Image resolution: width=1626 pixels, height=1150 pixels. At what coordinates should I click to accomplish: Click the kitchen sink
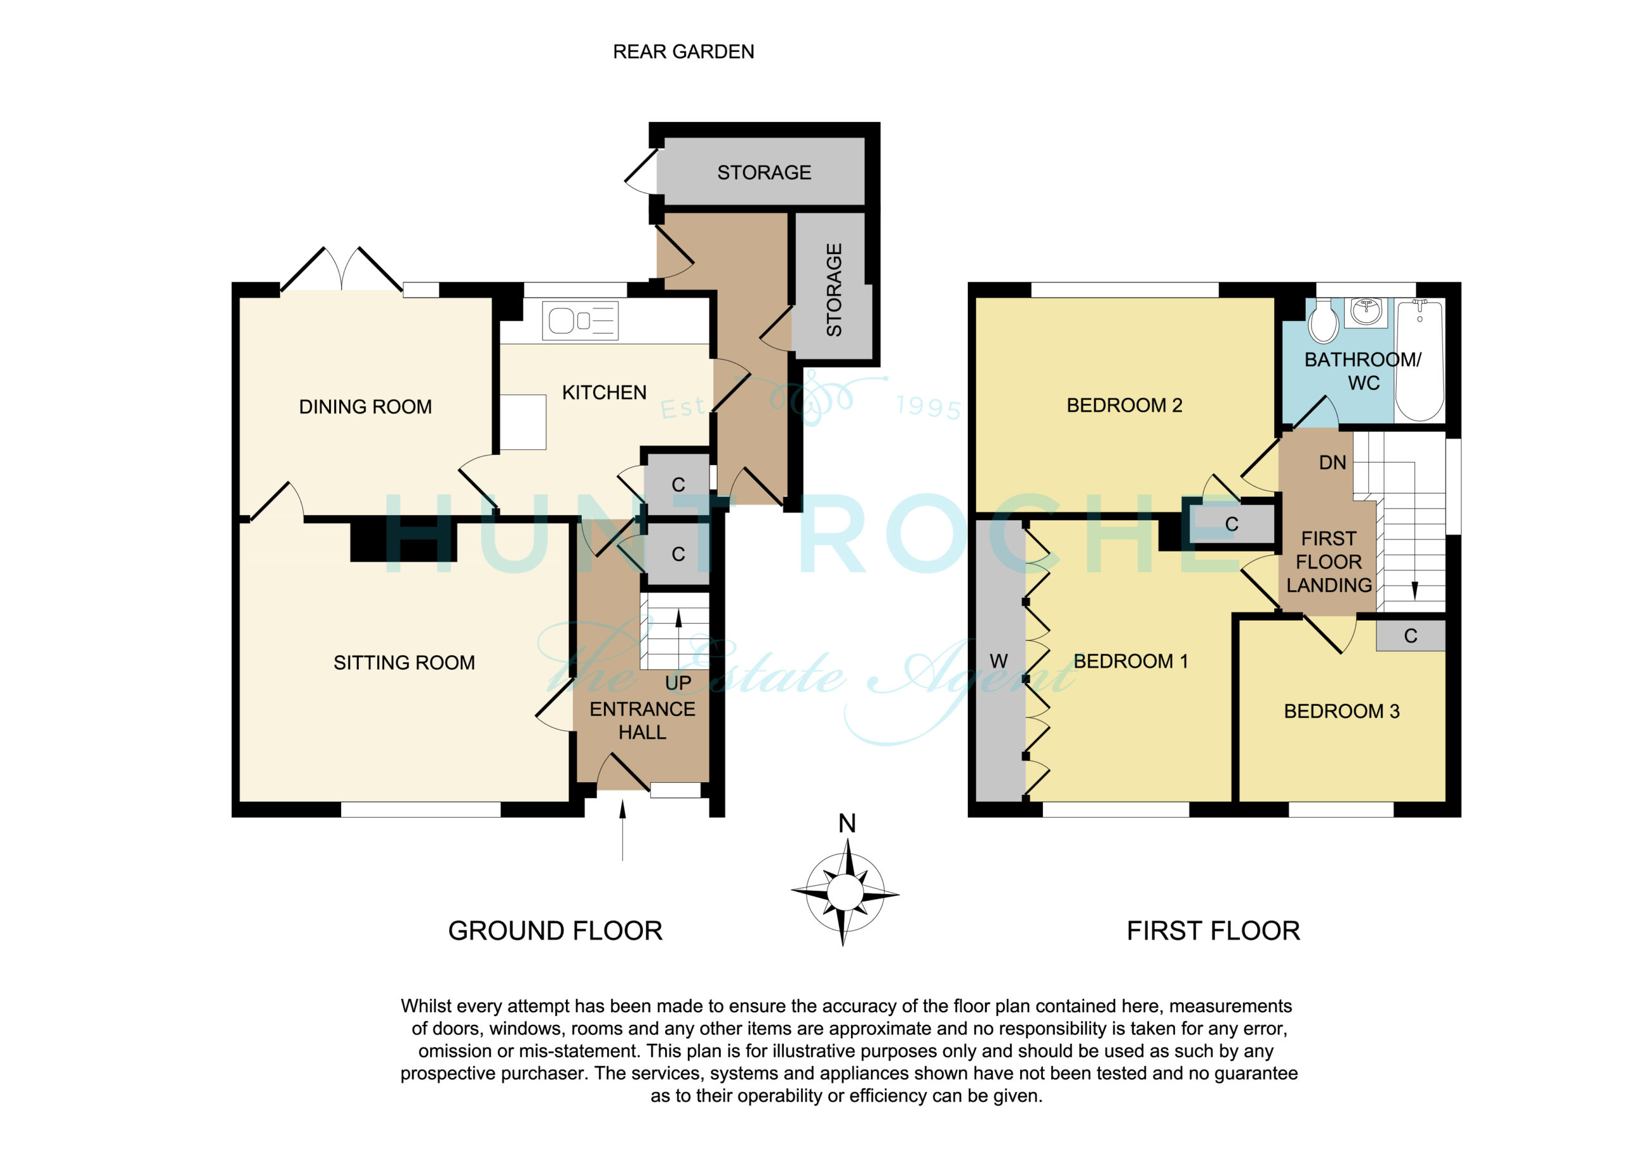pos(580,320)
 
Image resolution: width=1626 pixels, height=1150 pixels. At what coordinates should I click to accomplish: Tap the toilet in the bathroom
pos(1323,321)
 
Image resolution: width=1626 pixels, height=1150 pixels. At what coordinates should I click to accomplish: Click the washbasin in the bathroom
pos(1366,312)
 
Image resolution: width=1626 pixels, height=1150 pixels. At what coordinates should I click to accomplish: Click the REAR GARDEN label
pos(683,51)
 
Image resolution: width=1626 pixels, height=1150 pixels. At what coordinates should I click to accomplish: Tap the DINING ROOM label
pos(365,407)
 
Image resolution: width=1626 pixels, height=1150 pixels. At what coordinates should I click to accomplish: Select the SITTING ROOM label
pos(405,663)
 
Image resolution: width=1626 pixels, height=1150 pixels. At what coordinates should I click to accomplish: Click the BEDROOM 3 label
pos(1342,712)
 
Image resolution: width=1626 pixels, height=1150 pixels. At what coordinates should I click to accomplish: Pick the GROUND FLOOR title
pos(555,930)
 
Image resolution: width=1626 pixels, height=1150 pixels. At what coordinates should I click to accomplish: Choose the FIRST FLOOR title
pos(1213,930)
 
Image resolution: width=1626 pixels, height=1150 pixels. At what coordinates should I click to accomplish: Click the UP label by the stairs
pos(678,683)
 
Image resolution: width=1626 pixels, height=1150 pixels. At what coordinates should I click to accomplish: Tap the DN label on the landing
pos(1332,463)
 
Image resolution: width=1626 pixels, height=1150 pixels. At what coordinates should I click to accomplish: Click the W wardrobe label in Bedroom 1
pos(998,661)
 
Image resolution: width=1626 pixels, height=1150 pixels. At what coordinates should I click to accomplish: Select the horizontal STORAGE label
pos(764,172)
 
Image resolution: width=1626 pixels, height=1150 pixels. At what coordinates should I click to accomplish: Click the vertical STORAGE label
pos(834,290)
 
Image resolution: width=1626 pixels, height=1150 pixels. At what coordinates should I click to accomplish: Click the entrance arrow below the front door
pos(622,830)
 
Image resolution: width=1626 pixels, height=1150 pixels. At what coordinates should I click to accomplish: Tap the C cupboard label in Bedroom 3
pos(1411,635)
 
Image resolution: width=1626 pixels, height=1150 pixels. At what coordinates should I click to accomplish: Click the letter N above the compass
pos(847,823)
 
